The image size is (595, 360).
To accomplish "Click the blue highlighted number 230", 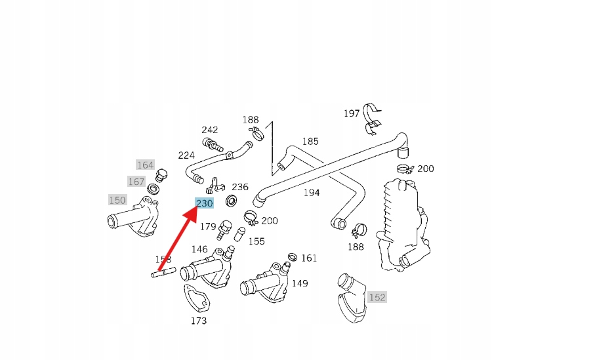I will (204, 203).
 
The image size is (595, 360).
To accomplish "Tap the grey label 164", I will (145, 165).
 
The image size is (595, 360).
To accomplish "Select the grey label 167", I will (136, 182).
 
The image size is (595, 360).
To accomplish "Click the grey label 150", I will (117, 200).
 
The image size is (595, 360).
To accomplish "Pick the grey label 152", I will (377, 297).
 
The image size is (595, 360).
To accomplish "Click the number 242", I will (210, 130).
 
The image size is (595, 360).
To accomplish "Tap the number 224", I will (186, 155).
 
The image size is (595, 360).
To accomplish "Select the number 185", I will (310, 141).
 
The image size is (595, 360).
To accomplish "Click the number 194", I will (312, 193).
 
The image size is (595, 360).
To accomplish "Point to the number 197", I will (352, 113).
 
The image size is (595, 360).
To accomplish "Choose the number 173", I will (198, 321).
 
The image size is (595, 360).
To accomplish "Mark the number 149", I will (300, 283).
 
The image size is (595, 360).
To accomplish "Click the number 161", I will (309, 258).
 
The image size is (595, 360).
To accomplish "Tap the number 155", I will (256, 241).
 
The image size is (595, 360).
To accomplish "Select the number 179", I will (208, 227).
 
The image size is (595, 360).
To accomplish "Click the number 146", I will (199, 249).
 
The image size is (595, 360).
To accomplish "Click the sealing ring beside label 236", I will (232, 199).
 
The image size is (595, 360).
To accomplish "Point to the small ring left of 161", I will (292, 256).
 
